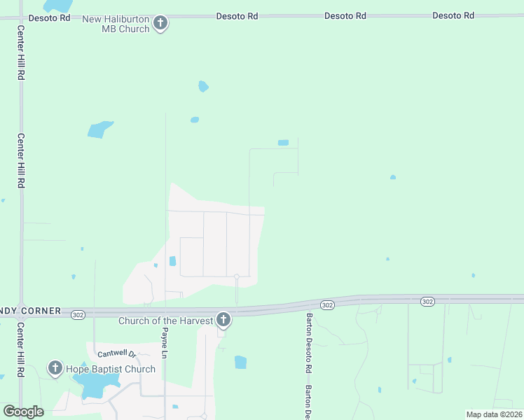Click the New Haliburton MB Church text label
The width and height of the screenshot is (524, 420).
[x=116, y=24]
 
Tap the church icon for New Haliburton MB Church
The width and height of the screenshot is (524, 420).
[x=160, y=24]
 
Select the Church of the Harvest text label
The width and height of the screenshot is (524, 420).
[x=166, y=321]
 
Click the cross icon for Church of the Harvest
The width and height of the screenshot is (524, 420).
[x=223, y=321]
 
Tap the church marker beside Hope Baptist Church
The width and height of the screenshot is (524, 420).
[x=55, y=368]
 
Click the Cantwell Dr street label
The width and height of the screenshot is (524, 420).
[x=115, y=353]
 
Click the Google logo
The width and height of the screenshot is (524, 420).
[x=24, y=412]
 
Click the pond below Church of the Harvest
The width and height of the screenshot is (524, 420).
[x=240, y=362]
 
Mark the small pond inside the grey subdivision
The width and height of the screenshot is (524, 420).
[x=172, y=261]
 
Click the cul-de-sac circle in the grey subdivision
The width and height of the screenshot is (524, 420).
[x=237, y=277]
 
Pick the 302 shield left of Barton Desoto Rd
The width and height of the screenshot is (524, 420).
[x=327, y=304]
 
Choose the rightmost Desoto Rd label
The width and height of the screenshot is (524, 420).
[x=453, y=15]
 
